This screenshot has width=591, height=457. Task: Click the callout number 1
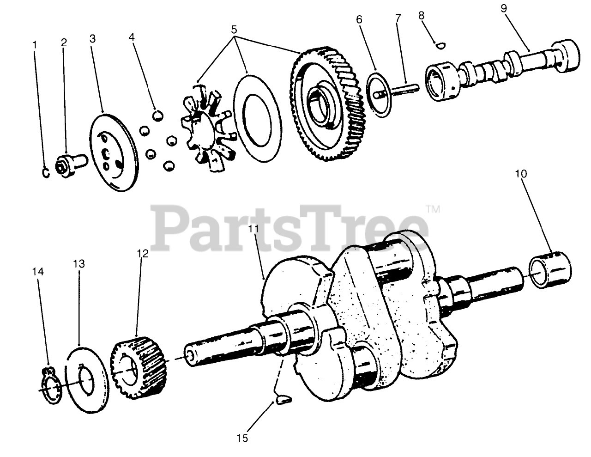(35, 45)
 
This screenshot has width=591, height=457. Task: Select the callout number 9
(504, 8)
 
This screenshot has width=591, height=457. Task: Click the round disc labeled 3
(112, 152)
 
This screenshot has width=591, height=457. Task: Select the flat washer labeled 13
(88, 379)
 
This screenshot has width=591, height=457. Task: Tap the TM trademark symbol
(433, 209)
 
